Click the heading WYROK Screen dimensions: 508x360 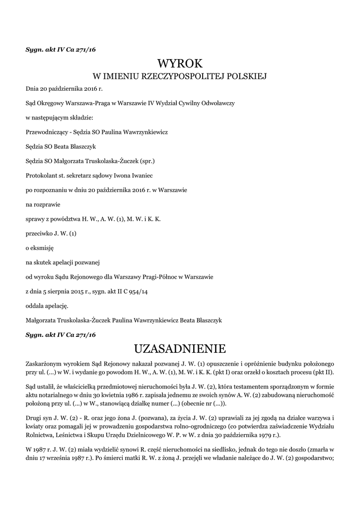[180, 63]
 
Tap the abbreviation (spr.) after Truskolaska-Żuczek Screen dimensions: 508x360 [147, 162]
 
